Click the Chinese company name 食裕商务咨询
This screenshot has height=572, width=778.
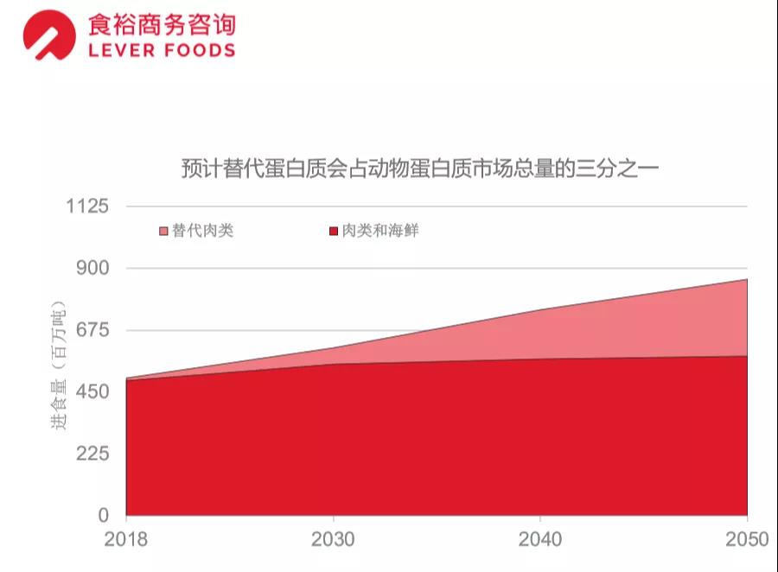(161, 24)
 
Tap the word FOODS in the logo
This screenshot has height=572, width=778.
(198, 50)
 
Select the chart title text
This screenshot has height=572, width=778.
(419, 167)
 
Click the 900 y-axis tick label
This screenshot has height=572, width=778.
(92, 268)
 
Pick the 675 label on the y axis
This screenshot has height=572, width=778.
(92, 330)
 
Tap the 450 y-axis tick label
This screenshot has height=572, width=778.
(92, 392)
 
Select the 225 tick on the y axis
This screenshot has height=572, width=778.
(92, 454)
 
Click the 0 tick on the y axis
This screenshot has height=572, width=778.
(103, 516)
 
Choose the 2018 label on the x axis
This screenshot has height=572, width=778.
(126, 540)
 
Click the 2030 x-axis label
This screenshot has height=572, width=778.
(333, 540)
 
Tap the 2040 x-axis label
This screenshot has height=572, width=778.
(539, 540)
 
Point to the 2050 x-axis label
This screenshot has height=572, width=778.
(747, 540)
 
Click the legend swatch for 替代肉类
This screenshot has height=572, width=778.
(163, 232)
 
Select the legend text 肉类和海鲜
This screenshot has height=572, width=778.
(379, 231)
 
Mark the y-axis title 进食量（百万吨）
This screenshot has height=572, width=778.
(58, 366)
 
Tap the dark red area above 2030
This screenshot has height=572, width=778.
(333, 432)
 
